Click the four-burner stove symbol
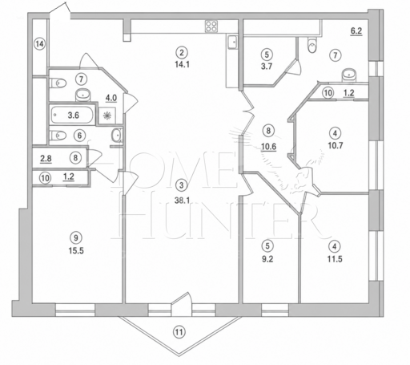tap(211, 26)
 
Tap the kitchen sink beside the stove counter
tap(232, 43)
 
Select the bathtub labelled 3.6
tap(72, 115)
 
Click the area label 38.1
tap(182, 201)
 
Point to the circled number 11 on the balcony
tap(179, 332)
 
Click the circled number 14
tap(39, 43)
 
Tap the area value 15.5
tap(76, 250)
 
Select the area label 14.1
tap(182, 64)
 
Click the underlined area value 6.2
tap(356, 31)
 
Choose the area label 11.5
tap(335, 259)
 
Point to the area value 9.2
tap(267, 258)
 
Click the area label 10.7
tap(336, 145)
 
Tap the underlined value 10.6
tap(269, 147)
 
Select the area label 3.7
tap(267, 66)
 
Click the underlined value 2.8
tap(46, 159)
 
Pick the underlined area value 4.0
tap(111, 98)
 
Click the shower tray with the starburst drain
tap(107, 116)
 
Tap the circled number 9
tap(76, 237)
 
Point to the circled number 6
tap(79, 136)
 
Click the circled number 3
tap(182, 185)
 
